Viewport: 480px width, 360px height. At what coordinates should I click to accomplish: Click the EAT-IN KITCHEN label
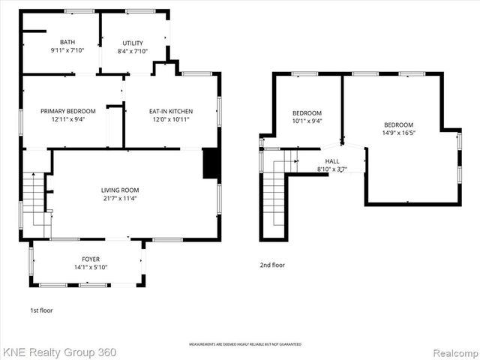[170, 110]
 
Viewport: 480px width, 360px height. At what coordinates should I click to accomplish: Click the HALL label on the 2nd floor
[332, 160]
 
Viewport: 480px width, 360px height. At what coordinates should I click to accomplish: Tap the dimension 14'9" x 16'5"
[398, 133]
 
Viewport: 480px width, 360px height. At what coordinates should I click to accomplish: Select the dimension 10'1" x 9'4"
[307, 121]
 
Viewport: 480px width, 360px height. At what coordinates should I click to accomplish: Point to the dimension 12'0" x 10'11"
[170, 118]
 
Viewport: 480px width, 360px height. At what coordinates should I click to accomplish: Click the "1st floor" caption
[40, 310]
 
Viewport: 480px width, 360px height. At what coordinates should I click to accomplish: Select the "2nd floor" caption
[272, 264]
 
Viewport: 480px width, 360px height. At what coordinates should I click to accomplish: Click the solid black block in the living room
[210, 163]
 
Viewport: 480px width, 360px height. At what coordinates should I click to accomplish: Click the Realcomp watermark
[453, 351]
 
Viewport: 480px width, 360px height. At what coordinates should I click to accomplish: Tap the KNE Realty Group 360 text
[60, 351]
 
